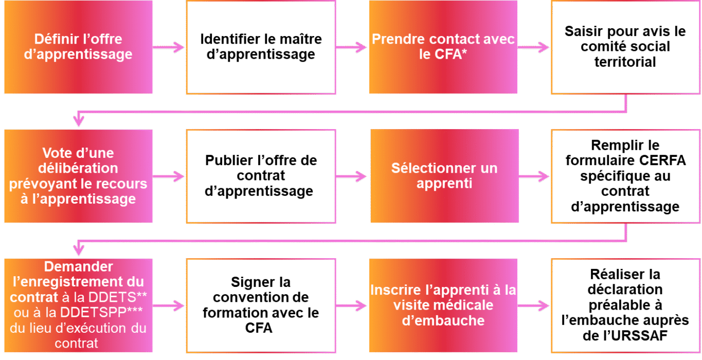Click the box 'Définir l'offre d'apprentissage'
(78, 47)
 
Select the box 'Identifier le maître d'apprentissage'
(261, 47)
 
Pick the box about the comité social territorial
(625, 47)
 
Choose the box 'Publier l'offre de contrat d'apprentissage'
(261, 176)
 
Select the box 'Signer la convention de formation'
(261, 305)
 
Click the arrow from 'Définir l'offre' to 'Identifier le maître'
(169, 48)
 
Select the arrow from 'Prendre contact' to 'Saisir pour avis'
(534, 48)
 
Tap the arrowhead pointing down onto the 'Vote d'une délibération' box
(78, 122)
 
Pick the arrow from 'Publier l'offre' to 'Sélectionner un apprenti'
(352, 176)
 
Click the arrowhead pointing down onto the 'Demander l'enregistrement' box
(78, 251)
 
